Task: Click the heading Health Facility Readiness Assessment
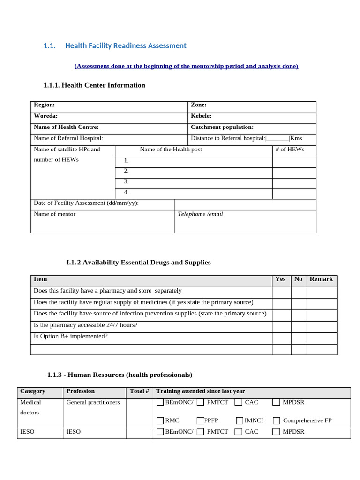pos(126,45)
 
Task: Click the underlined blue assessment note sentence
pos(186,66)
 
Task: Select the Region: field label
pos(45,105)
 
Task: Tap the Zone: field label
pos(199,105)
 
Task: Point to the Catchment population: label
pos(222,127)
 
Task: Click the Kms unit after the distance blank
pos(296,138)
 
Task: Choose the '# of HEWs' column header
pos(290,150)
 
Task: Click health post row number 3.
pos(126,181)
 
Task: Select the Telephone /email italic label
pos(200,214)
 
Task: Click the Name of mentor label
pos(54,214)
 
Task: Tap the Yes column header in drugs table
pos(280,279)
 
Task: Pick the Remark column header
pos(321,279)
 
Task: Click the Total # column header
pos(139,391)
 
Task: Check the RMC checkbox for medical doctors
pos(160,420)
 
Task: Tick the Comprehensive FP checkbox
pos(277,420)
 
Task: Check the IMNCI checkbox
pos(240,420)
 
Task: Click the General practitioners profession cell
pos(93,402)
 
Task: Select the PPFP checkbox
pos(201,420)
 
